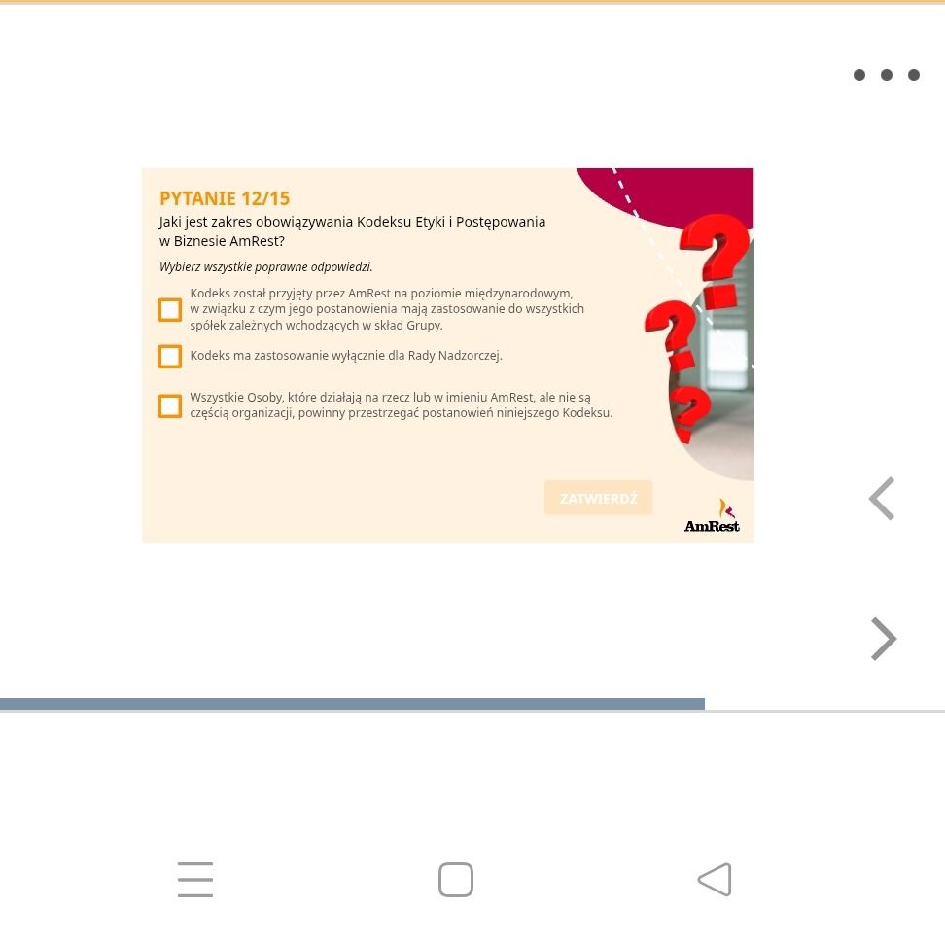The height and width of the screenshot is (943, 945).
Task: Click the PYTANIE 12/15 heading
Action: point(225,198)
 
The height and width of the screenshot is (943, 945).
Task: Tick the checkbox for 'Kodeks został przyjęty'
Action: point(170,310)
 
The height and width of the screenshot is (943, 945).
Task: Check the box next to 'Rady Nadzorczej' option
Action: point(170,356)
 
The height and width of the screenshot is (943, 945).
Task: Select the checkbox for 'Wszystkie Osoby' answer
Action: point(170,405)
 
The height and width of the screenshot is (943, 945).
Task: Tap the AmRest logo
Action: point(712,516)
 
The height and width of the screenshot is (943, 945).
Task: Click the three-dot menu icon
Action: point(887,75)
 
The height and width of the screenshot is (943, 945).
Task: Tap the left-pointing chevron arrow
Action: point(882,499)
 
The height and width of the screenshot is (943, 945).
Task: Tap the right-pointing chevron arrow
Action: point(884,639)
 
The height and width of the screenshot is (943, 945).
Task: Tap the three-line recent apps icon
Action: point(195,879)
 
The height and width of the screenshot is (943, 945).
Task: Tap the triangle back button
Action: point(715,879)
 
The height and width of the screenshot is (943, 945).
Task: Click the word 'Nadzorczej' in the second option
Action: point(471,356)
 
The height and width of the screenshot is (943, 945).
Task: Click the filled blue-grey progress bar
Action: point(352,704)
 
